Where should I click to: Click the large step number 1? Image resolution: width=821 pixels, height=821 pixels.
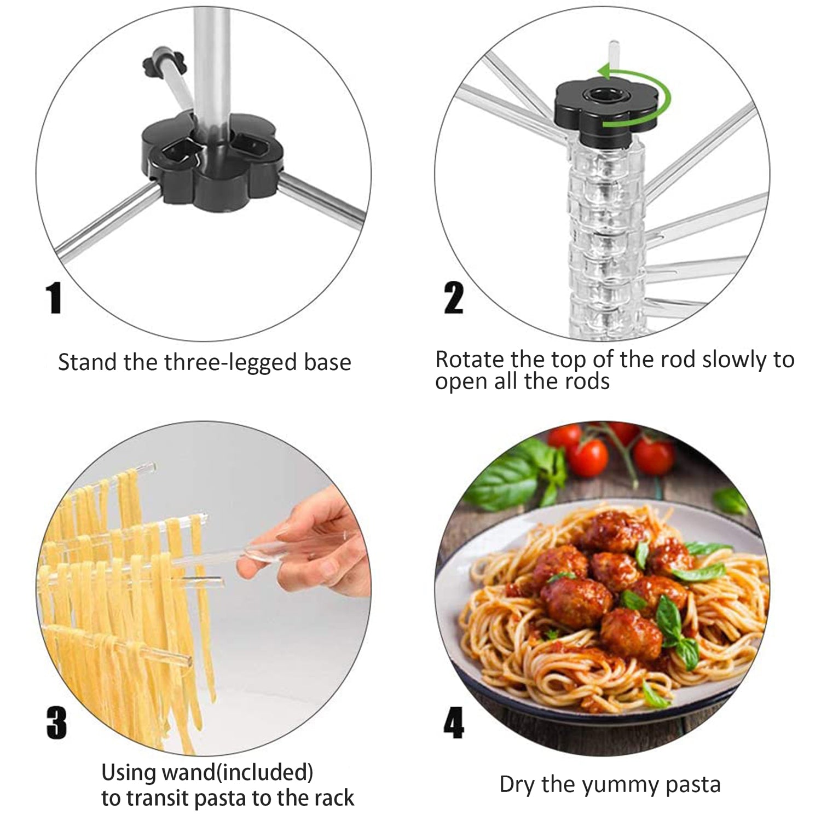coord(54,298)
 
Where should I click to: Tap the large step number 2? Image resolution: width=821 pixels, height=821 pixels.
coord(454,298)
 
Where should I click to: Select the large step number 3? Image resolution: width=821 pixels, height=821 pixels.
coord(56,723)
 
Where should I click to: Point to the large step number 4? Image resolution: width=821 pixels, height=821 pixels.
coord(454,723)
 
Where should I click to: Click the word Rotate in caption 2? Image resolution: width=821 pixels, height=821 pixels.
coord(470,360)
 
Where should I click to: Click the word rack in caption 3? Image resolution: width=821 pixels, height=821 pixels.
coord(334,798)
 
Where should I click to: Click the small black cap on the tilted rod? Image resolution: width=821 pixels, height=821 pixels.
coord(159,63)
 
